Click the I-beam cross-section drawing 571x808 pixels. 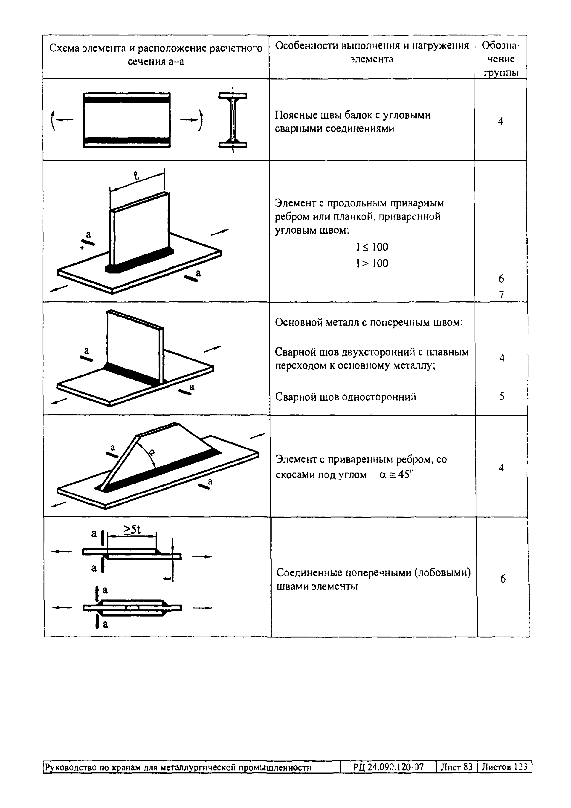tap(232, 120)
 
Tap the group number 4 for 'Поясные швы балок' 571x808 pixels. tap(500, 121)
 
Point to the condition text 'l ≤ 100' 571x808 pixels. tap(372, 247)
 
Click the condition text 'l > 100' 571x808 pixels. tap(372, 263)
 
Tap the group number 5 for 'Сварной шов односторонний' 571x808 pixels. tap(502, 397)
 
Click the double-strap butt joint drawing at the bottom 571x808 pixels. tap(132, 608)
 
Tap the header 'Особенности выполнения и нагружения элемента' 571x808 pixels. tap(372, 52)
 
